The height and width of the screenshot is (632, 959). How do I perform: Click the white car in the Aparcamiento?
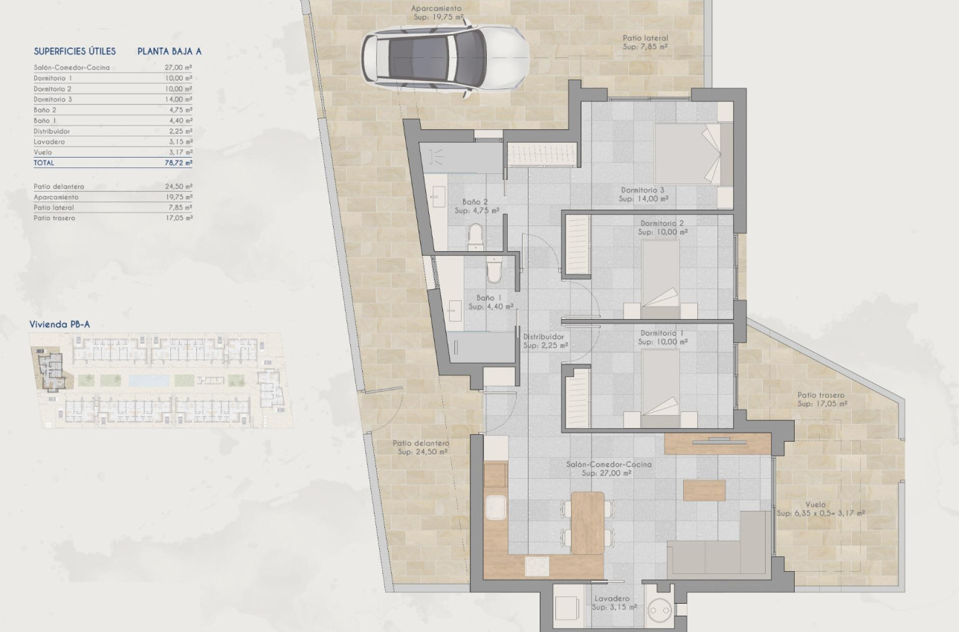pyautogui.click(x=445, y=58)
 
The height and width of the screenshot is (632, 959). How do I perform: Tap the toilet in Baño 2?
pyautogui.click(x=476, y=237)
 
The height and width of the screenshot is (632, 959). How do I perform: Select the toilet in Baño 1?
pyautogui.click(x=494, y=270)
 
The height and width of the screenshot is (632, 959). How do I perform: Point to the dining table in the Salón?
pyautogui.click(x=587, y=523)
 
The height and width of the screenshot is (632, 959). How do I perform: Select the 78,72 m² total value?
pyautogui.click(x=178, y=163)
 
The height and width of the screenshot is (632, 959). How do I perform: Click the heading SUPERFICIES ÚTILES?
pyautogui.click(x=75, y=51)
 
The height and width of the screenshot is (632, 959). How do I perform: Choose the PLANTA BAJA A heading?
pyautogui.click(x=169, y=51)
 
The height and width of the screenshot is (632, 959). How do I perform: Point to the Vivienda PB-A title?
pyautogui.click(x=59, y=324)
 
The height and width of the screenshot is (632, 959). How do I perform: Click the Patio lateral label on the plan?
pyautogui.click(x=645, y=38)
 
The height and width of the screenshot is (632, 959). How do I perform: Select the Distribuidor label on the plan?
pyautogui.click(x=543, y=337)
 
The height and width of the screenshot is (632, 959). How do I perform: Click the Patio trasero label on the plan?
pyautogui.click(x=821, y=396)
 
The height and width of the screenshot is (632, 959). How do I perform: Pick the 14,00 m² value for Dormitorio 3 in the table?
pyautogui.click(x=178, y=100)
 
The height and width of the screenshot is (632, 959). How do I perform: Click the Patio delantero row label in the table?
pyautogui.click(x=59, y=187)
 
